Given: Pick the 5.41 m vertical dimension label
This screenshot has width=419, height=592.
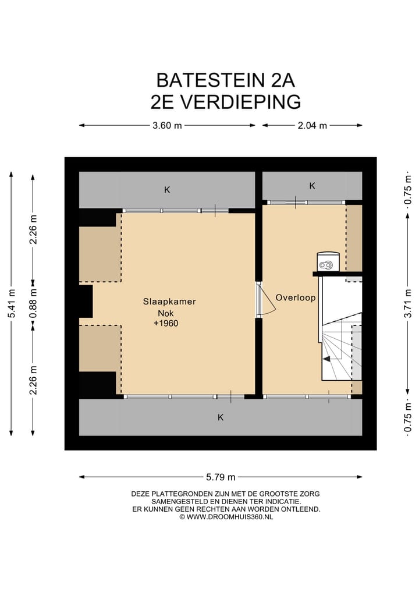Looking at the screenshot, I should (x=11, y=303).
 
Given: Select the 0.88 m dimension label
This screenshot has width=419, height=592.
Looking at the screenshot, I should (x=34, y=303).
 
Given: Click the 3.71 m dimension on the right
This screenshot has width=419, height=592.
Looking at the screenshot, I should (x=408, y=303).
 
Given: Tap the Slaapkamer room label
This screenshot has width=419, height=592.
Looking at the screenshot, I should (x=169, y=302).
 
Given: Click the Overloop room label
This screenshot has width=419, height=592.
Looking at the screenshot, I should (x=296, y=297).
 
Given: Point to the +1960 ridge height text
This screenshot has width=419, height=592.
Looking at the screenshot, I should (x=166, y=323).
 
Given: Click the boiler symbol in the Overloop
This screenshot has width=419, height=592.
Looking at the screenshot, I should (x=328, y=263).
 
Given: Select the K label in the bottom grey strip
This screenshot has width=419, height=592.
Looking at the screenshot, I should (x=221, y=417).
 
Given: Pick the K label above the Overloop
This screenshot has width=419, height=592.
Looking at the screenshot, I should (x=312, y=186).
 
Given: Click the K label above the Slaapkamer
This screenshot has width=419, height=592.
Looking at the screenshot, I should (x=167, y=190).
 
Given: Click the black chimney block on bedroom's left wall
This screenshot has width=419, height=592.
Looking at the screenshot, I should (x=86, y=300).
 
